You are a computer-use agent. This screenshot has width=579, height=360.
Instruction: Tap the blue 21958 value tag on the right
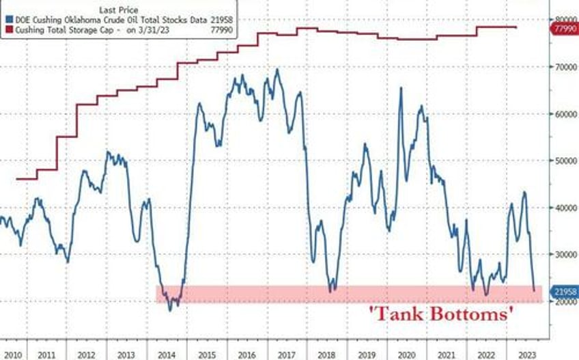tap(564, 291)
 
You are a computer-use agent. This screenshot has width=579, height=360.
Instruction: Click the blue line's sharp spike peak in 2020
tap(400, 87)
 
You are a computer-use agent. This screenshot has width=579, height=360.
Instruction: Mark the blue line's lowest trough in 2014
tap(170, 309)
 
